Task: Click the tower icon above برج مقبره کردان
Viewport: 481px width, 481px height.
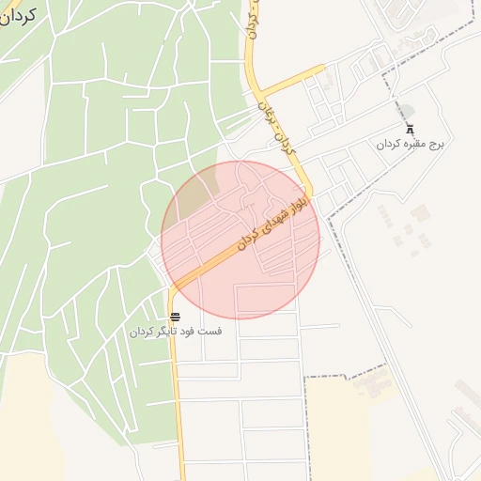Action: click(x=409, y=130)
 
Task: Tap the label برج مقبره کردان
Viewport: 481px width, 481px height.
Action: click(x=409, y=145)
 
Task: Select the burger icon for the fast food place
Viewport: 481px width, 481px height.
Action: click(x=176, y=317)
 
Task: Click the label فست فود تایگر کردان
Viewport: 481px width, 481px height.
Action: click(x=176, y=332)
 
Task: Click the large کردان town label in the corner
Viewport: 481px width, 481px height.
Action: click(x=17, y=16)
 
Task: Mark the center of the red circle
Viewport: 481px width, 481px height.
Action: click(x=240, y=240)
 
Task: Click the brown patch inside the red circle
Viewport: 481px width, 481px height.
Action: click(x=195, y=194)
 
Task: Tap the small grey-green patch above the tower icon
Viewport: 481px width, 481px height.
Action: click(x=407, y=110)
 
